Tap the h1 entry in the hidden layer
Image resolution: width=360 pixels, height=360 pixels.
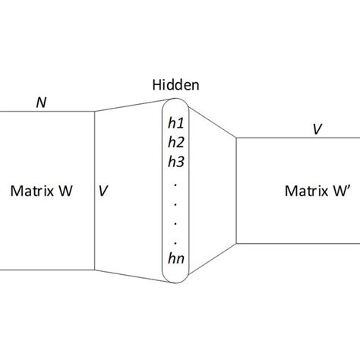pyautogui.click(x=176, y=122)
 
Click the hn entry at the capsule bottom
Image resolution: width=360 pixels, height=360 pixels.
pyautogui.click(x=176, y=259)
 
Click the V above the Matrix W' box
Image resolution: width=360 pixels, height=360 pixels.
pyautogui.click(x=315, y=129)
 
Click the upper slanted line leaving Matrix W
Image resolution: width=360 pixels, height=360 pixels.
pyautogui.click(x=129, y=104)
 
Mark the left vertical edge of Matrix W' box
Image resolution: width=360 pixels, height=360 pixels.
pyautogui.click(x=237, y=190)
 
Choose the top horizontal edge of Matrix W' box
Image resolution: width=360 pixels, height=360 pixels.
pyautogui.click(x=296, y=137)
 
